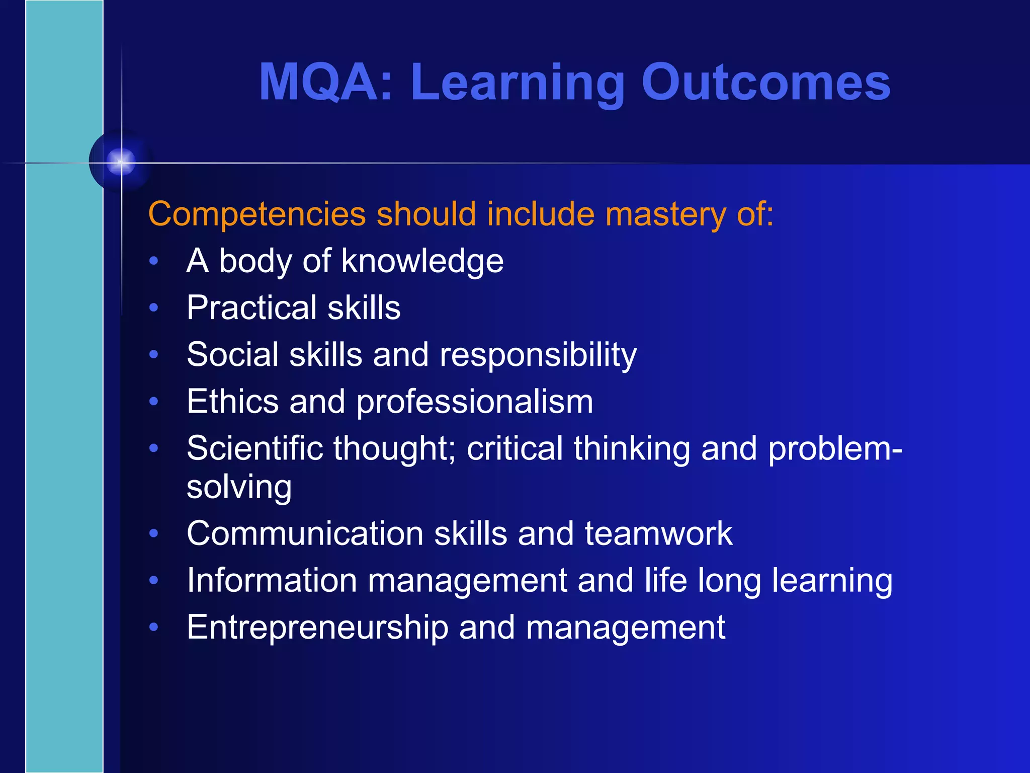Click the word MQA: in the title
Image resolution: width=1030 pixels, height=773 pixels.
325,82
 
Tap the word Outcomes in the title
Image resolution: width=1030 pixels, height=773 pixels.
765,82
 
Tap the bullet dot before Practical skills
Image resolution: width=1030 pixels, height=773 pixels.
154,307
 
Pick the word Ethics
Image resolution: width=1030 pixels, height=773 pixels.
232,402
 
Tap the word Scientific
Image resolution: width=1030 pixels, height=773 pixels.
254,448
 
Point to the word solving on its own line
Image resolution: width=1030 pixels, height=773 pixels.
239,488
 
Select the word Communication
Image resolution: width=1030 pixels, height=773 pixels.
305,533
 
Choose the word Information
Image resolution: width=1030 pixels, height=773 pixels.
272,580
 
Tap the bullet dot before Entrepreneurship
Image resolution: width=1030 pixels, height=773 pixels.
154,627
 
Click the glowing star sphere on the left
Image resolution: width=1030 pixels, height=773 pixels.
121,162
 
